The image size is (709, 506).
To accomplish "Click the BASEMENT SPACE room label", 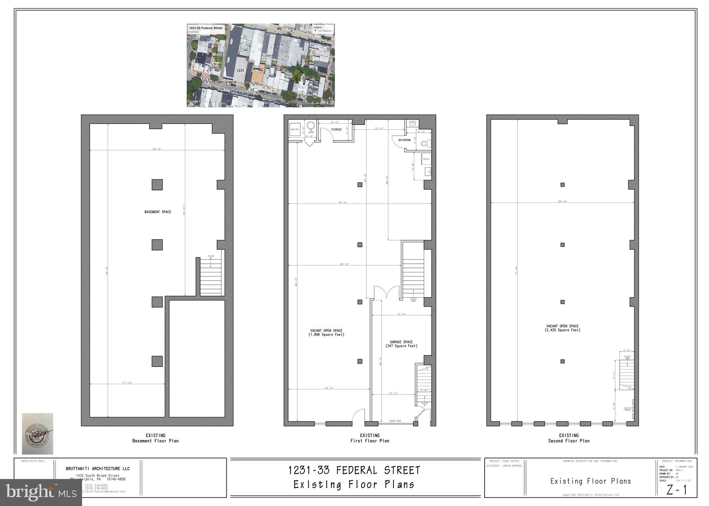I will point(158,212).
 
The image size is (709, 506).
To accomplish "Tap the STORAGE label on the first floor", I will point(336,129).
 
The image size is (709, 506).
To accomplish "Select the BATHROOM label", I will point(404,140).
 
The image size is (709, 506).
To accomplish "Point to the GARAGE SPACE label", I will point(401,342).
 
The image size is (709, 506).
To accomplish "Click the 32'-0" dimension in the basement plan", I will point(157,149).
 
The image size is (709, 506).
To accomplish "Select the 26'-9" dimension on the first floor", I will point(344,264).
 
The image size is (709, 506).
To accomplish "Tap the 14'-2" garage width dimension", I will point(401,314).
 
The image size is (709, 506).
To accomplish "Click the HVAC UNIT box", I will point(295,129).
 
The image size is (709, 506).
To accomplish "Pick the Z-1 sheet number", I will point(676,490).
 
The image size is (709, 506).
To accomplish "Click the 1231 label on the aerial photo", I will point(240,70).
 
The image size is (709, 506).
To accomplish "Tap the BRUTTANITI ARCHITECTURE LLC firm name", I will point(98,469).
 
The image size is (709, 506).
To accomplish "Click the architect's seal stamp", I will point(37,433).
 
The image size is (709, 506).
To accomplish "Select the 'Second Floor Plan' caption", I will point(569,441).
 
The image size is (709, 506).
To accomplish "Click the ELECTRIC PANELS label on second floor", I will point(628,409).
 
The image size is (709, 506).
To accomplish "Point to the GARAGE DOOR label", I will point(395,421).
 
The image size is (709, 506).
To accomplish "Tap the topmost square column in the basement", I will point(157,184).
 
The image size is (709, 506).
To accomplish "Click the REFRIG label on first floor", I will point(426,159).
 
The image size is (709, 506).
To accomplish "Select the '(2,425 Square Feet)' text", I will point(562,330).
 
